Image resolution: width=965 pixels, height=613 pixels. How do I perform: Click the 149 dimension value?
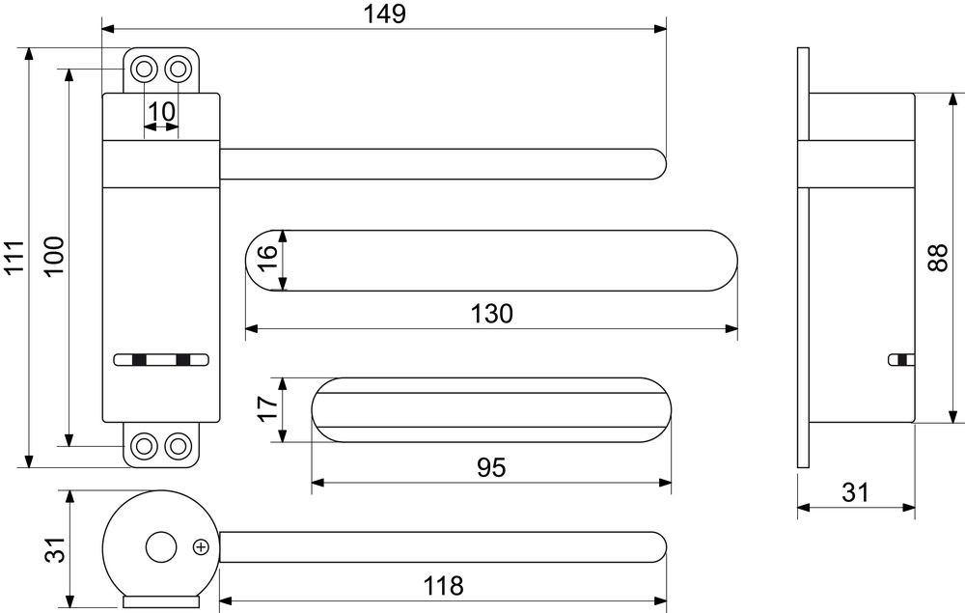385,14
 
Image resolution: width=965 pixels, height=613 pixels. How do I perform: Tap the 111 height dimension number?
14,257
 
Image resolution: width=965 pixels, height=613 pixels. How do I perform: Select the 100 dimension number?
54,257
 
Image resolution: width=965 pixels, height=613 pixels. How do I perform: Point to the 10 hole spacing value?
161,112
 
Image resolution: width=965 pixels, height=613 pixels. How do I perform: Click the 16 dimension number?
266,261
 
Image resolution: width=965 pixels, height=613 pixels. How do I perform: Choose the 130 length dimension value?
492,314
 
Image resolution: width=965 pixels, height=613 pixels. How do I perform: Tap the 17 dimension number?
267,408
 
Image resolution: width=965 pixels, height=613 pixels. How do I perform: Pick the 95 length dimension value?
491,468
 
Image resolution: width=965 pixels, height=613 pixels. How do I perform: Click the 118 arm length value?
443,586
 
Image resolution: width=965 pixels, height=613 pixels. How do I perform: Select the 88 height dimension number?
940,259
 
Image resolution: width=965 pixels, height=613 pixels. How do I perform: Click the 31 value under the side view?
855,493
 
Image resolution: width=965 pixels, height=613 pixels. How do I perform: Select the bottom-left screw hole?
144,445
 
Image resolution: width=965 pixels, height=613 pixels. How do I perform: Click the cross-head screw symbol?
202,546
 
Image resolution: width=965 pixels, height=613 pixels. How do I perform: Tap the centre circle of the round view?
160,547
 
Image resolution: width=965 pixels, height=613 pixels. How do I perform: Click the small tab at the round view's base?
160,601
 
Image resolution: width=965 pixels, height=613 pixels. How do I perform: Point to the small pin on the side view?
902,360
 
